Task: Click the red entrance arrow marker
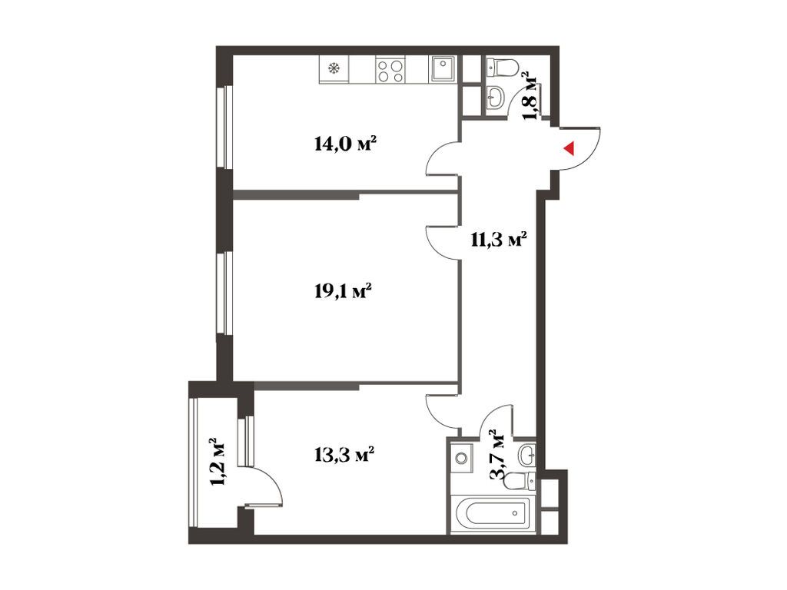pyautogui.click(x=569, y=148)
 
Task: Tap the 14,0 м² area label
pyautogui.click(x=345, y=143)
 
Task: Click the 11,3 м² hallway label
pyautogui.click(x=498, y=240)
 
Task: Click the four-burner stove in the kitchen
pyautogui.click(x=390, y=70)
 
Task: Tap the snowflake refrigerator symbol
pyautogui.click(x=334, y=69)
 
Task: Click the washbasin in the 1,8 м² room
pyautogui.click(x=496, y=96)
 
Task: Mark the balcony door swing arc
pyautogui.click(x=265, y=484)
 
